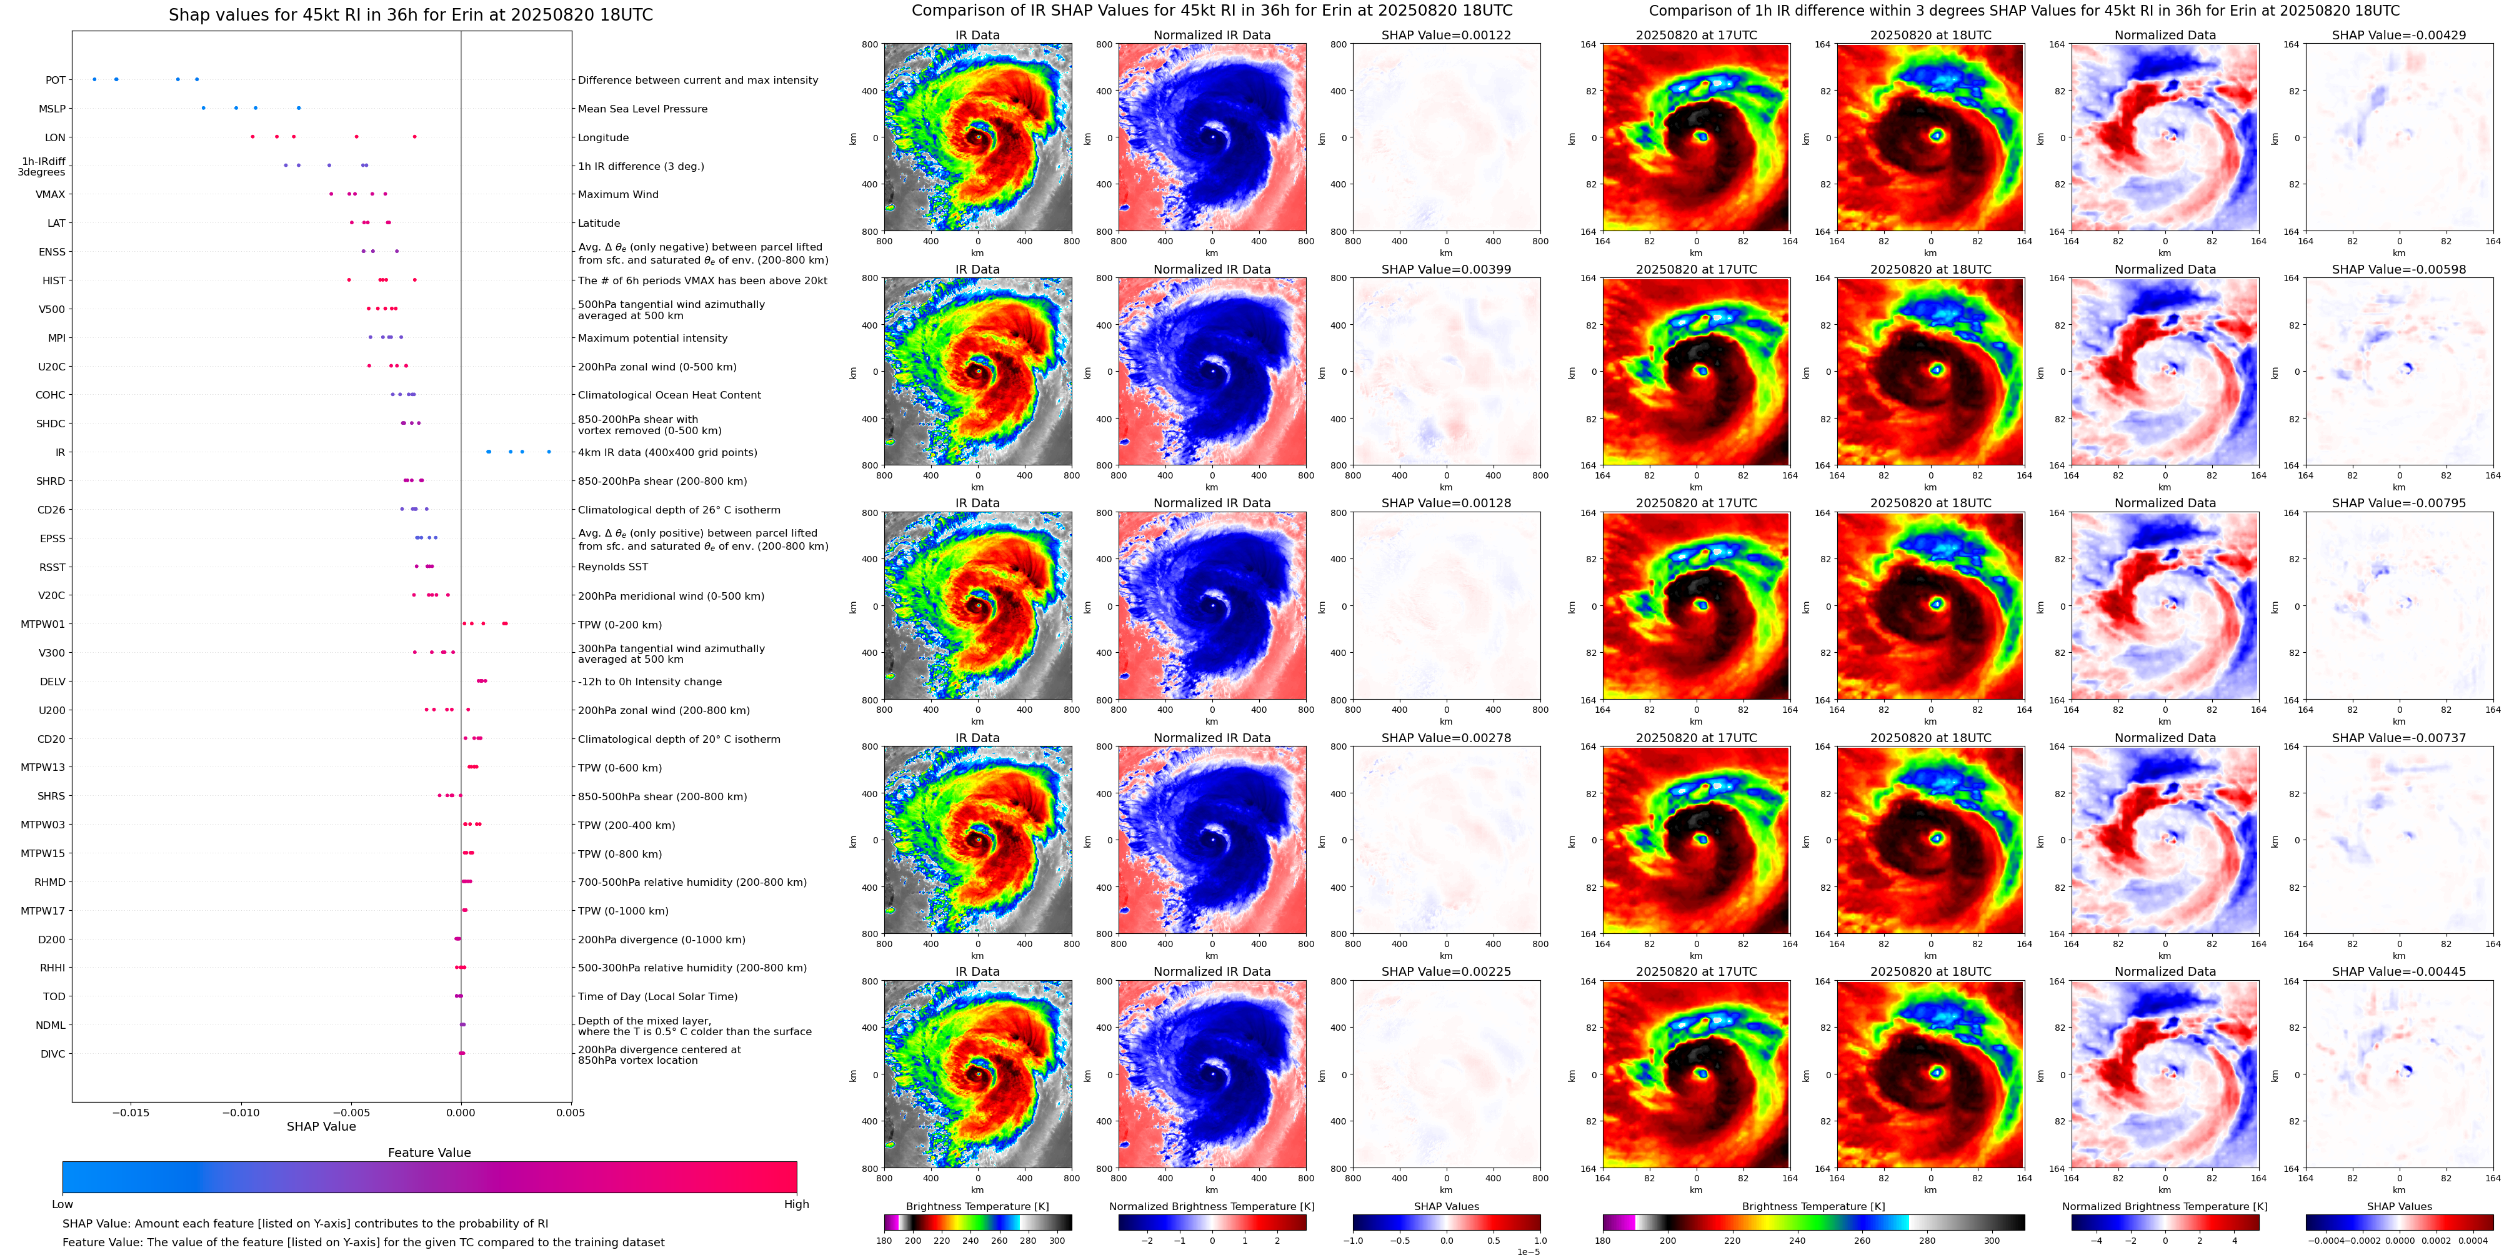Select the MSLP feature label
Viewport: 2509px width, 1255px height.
point(52,109)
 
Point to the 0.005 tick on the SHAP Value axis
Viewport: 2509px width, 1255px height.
point(571,1113)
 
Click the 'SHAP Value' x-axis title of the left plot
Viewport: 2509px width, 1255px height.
point(321,1126)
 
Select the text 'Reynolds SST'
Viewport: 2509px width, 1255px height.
point(612,567)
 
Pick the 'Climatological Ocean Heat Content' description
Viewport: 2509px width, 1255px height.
point(669,395)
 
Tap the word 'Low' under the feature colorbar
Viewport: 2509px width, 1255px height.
point(62,1204)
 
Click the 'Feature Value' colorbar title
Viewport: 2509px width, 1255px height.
point(429,1153)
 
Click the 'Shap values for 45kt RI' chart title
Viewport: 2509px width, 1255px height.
point(410,14)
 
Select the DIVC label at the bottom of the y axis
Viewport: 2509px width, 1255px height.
point(52,1053)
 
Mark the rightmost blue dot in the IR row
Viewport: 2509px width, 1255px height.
point(549,452)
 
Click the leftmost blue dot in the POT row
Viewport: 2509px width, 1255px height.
point(94,79)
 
